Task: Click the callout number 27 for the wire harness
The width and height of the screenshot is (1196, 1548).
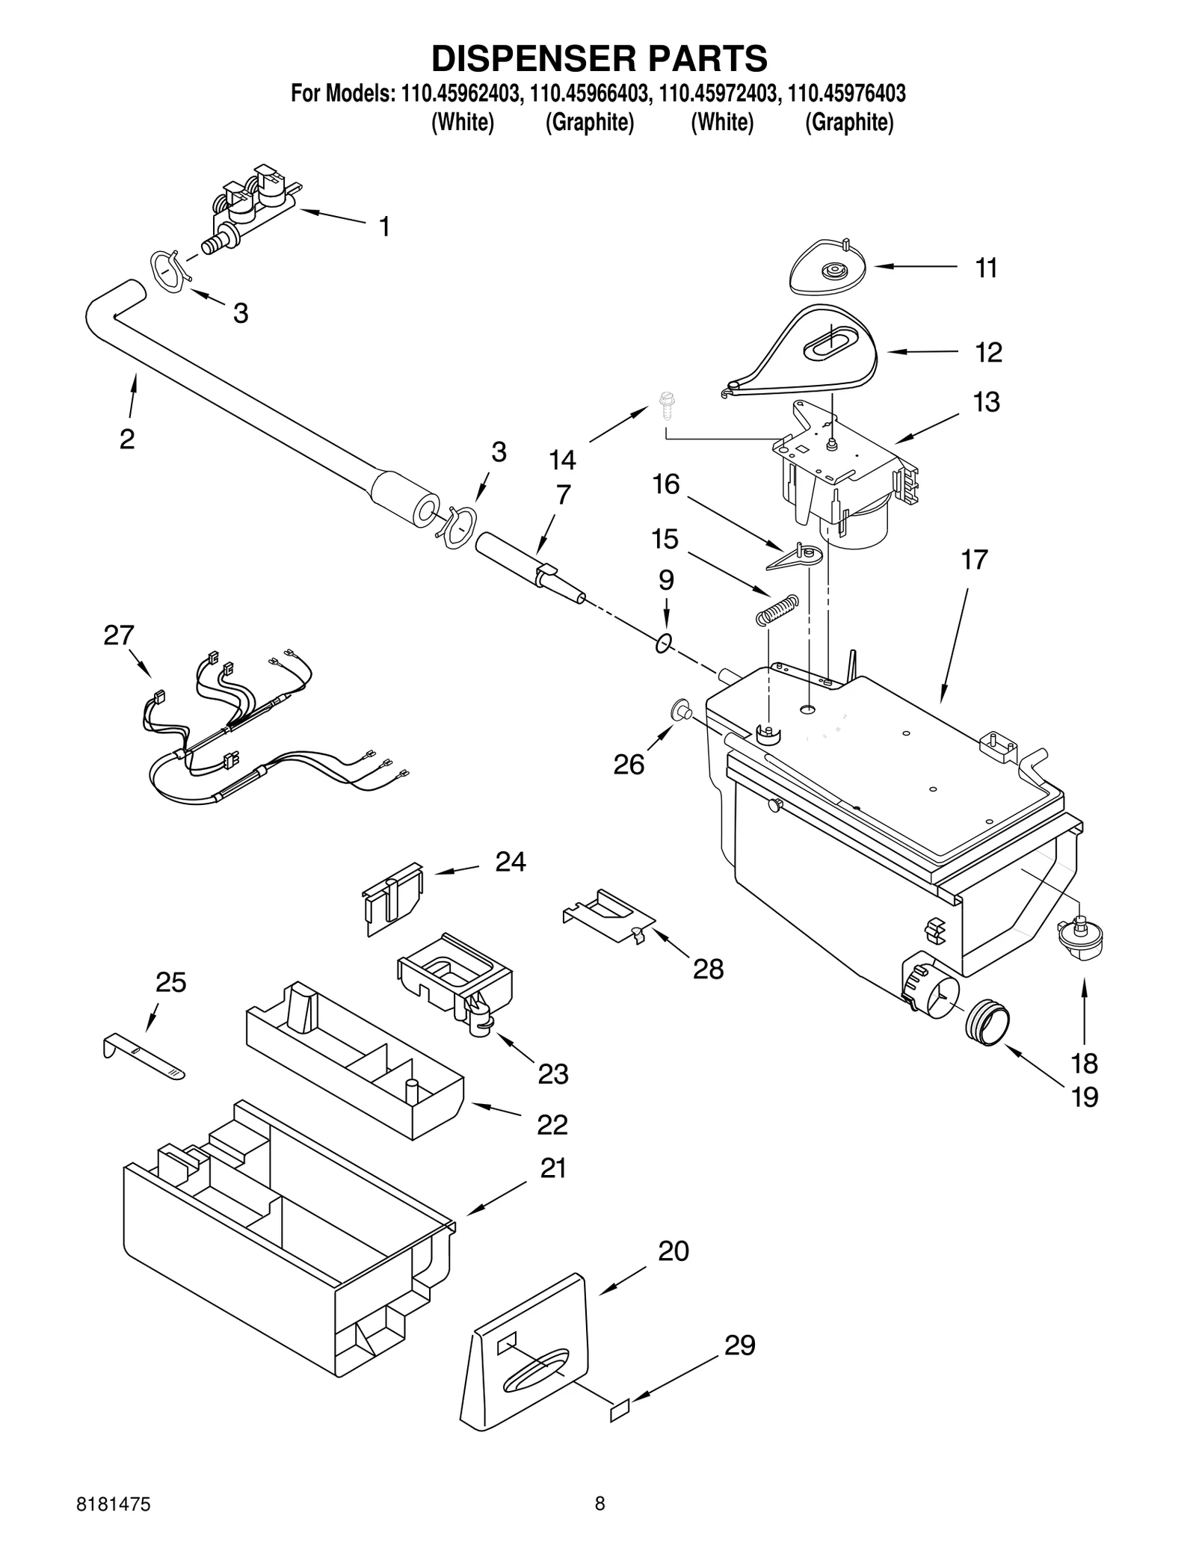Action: (118, 635)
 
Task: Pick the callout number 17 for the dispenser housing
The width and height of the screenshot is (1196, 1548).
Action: (974, 559)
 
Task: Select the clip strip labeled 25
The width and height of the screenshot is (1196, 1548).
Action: (142, 1056)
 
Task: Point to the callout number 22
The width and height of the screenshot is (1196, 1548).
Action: (552, 1145)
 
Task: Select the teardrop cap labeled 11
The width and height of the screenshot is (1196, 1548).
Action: (827, 267)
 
